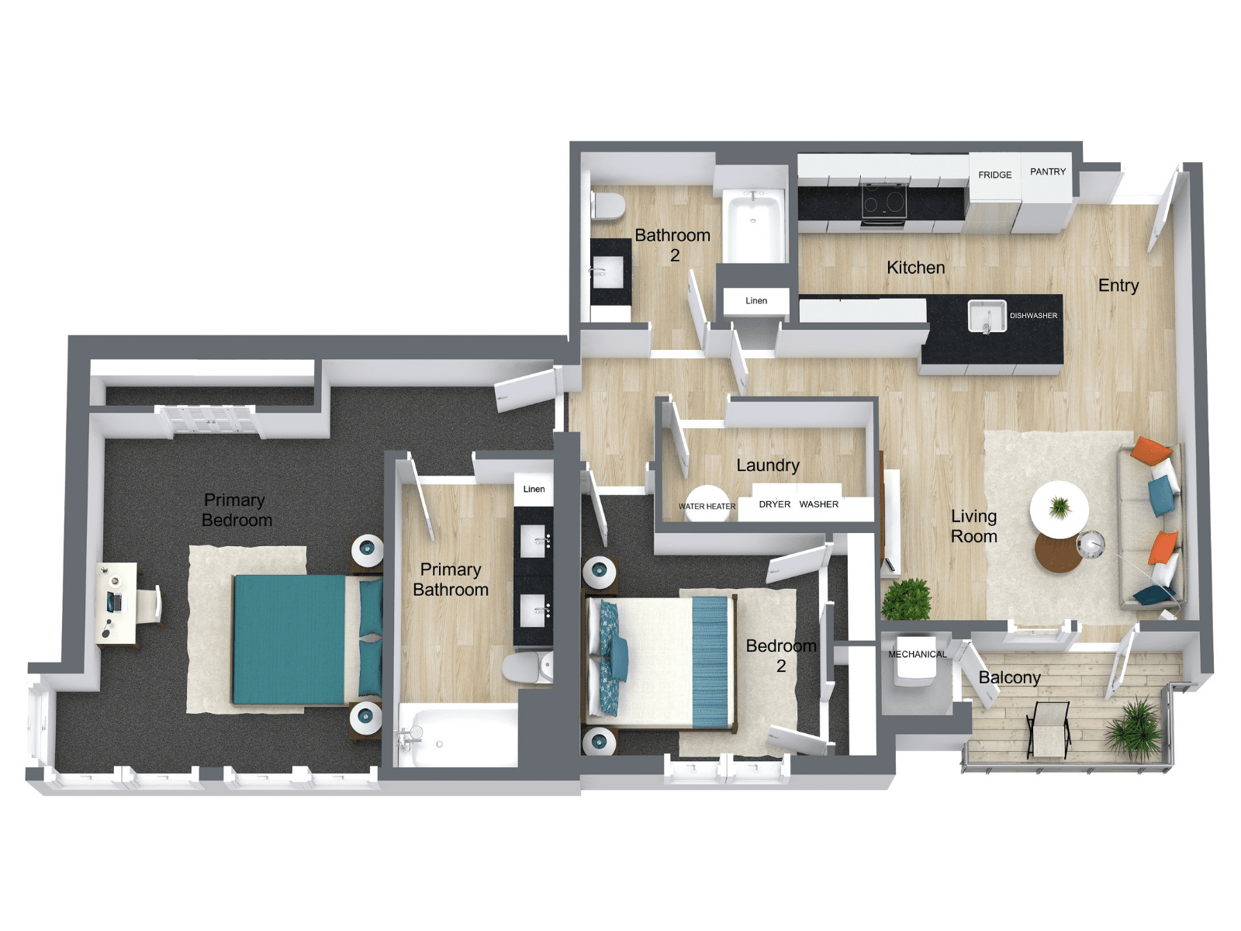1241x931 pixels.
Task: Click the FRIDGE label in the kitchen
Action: (994, 175)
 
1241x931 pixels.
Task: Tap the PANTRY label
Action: (1047, 171)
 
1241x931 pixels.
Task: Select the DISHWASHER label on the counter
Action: (1033, 316)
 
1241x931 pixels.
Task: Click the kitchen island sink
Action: (987, 316)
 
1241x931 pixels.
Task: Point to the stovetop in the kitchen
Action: (884, 202)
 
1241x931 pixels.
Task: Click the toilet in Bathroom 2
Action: (609, 206)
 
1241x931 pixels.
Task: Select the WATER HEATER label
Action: (707, 507)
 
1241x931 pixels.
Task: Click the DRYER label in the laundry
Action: (774, 504)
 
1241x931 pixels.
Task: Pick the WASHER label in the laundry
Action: (818, 504)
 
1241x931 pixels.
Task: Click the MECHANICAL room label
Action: (917, 654)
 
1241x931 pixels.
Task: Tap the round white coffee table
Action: (1059, 509)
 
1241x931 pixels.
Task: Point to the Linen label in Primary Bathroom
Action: (534, 489)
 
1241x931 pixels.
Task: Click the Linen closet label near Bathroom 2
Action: (756, 300)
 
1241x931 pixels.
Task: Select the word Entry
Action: (1118, 286)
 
